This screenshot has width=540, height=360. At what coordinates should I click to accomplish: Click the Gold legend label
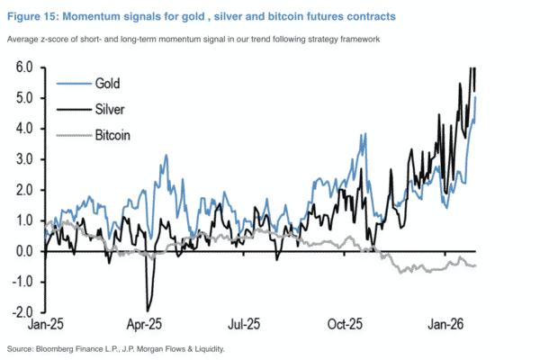coord(111,83)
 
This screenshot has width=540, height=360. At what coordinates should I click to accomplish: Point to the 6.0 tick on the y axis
coord(24,67)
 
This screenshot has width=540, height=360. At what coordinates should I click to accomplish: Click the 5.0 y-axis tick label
coord(24,98)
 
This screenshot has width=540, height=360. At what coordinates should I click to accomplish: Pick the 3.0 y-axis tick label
coord(24,159)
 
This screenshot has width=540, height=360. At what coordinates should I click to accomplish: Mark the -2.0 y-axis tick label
coord(22,311)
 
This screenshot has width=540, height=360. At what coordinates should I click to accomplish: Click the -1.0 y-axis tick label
coord(22,281)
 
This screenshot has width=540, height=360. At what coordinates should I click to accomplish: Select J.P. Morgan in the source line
coord(142,348)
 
